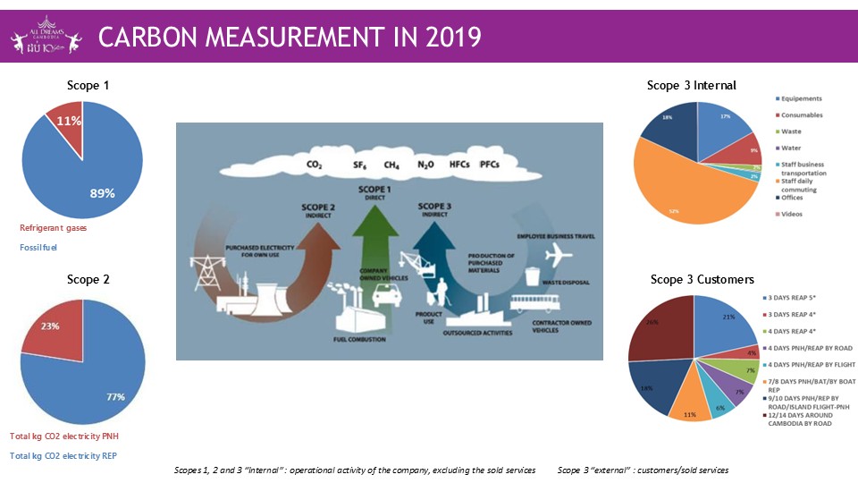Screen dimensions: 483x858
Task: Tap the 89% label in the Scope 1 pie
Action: pyautogui.click(x=101, y=193)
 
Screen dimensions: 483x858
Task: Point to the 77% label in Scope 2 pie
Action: pyautogui.click(x=115, y=397)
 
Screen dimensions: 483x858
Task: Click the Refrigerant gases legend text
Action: pyautogui.click(x=54, y=228)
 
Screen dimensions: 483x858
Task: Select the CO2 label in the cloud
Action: pyautogui.click(x=314, y=165)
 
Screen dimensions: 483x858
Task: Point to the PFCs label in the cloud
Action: pyautogui.click(x=490, y=165)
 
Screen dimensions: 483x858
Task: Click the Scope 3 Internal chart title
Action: pyautogui.click(x=691, y=86)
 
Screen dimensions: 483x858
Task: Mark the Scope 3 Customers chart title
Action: pyautogui.click(x=702, y=280)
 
